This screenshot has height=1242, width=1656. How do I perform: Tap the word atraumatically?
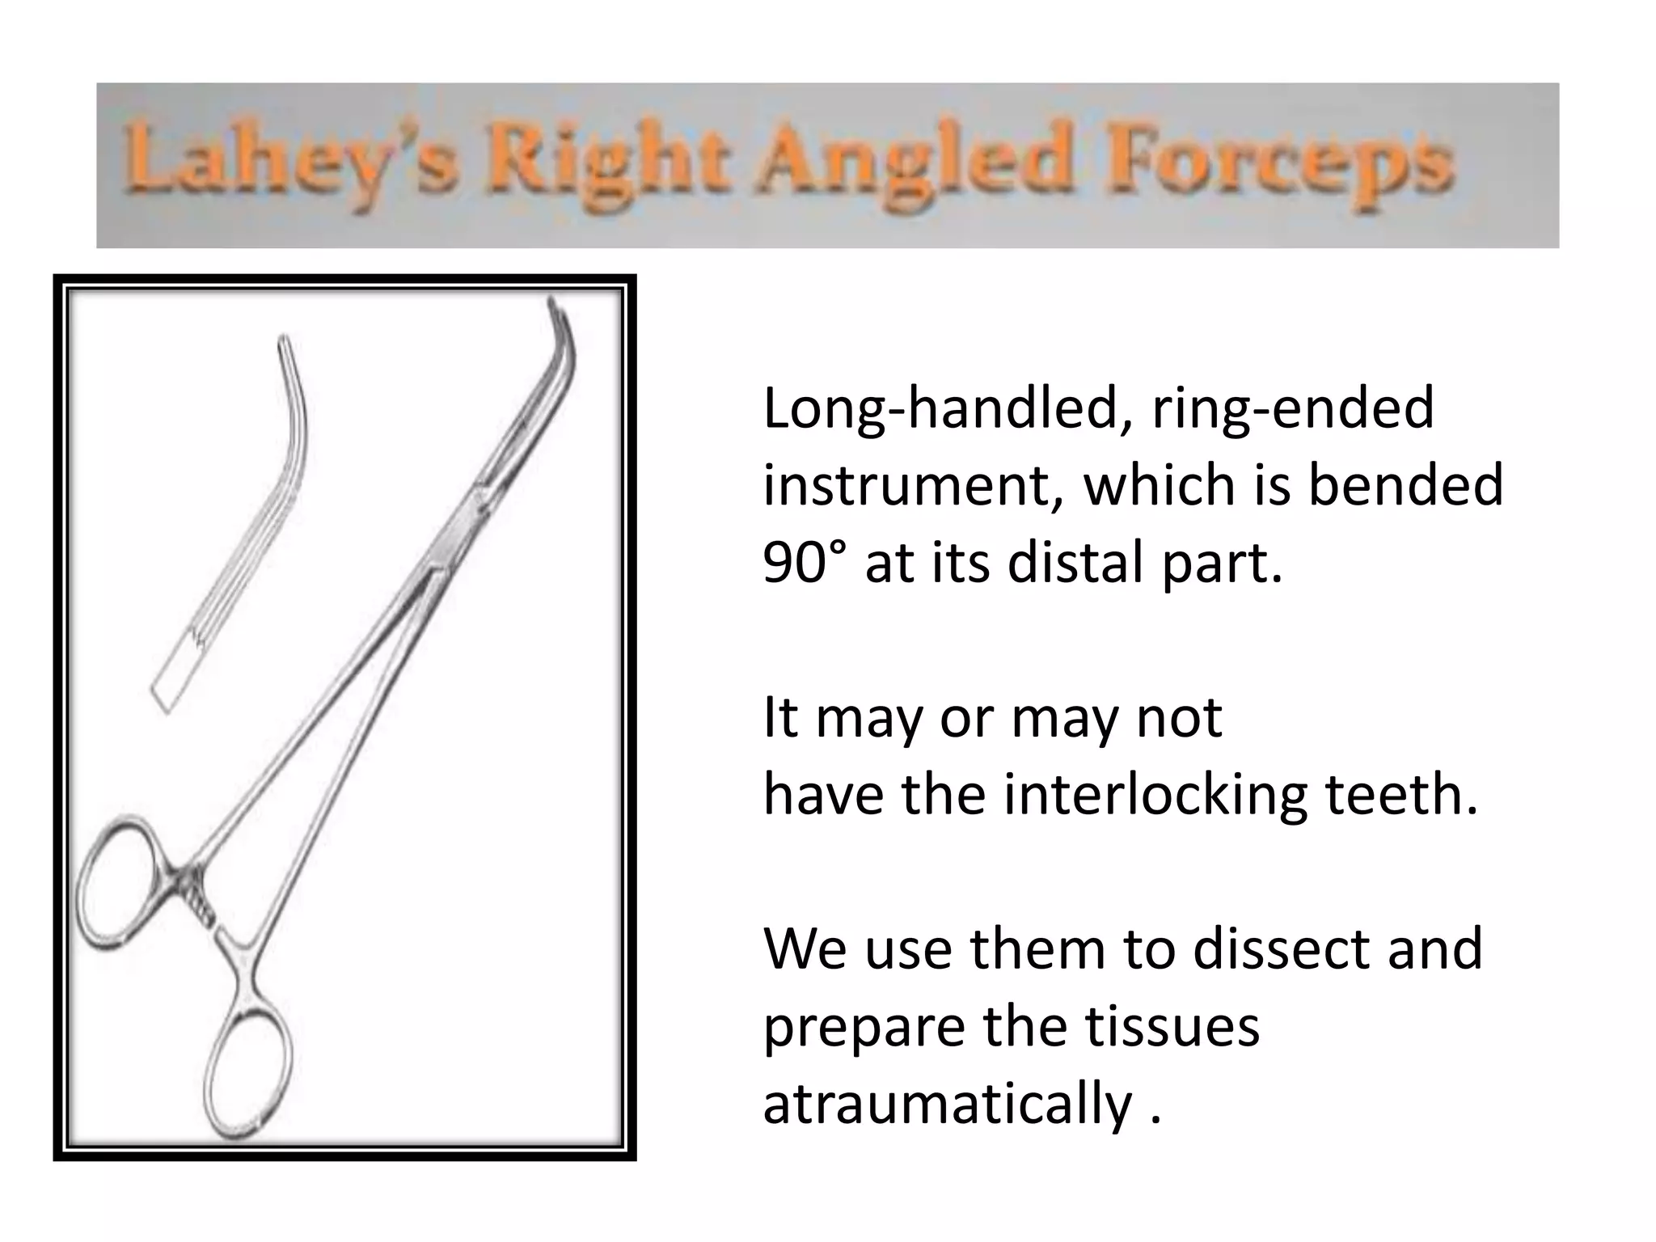[947, 1103]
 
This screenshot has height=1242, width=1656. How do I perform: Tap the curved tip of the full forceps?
[563, 332]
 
